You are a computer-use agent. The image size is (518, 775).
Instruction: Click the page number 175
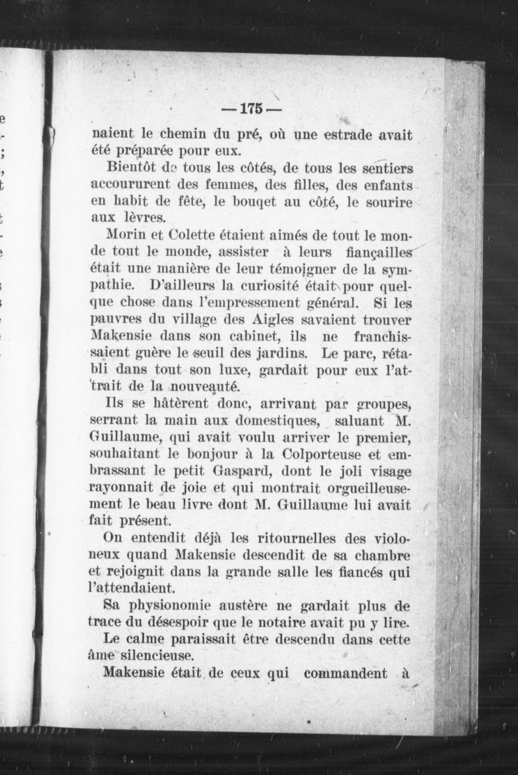click(x=251, y=109)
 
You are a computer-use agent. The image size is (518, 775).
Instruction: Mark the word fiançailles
click(x=378, y=252)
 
